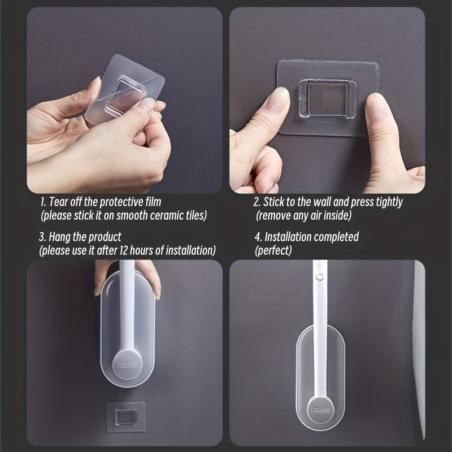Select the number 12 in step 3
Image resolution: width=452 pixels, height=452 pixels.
pyautogui.click(x=124, y=250)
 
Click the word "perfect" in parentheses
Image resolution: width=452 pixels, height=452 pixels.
pyautogui.click(x=273, y=250)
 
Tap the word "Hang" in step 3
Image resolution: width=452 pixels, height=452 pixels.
pyautogui.click(x=59, y=237)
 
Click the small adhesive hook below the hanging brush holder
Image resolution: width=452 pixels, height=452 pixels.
pyautogui.click(x=125, y=417)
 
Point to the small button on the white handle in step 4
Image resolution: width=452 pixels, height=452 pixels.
pyautogui.click(x=319, y=276)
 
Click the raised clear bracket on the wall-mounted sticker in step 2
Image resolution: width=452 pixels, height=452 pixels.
pyautogui.click(x=327, y=99)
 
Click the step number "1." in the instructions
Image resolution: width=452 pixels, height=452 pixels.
pyautogui.click(x=44, y=202)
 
